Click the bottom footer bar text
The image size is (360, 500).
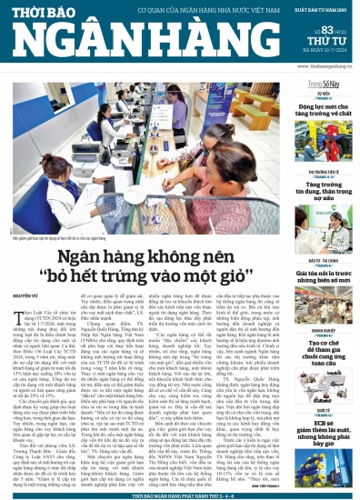[x=180, y=495]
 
